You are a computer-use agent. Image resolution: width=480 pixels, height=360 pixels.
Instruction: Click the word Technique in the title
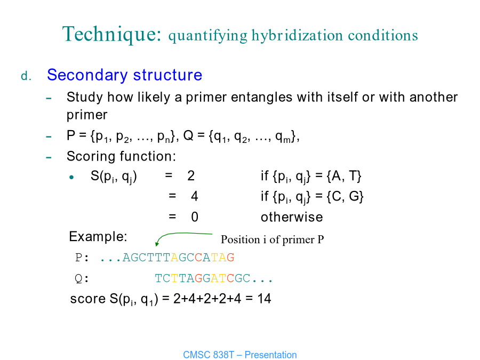[112, 34]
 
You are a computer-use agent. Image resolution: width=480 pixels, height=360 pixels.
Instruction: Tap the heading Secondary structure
[125, 75]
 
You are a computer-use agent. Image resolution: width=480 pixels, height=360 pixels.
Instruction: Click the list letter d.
[26, 76]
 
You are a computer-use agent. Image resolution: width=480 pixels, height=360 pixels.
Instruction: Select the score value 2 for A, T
[191, 176]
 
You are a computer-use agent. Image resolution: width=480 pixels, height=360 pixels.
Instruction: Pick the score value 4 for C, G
[194, 196]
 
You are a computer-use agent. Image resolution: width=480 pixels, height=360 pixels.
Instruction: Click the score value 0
[195, 217]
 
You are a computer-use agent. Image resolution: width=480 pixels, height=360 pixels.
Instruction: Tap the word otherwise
[292, 217]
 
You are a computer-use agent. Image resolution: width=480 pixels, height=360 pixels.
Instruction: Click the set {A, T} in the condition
[344, 177]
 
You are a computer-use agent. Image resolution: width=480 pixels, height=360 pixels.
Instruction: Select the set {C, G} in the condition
[345, 196]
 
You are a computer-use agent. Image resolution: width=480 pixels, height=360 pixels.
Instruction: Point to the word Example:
[98, 237]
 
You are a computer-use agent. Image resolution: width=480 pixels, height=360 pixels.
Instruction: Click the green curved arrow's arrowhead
[157, 244]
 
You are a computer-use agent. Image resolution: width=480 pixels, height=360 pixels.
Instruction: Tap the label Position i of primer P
[272, 239]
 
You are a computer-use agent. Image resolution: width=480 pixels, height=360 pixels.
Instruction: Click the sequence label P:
[82, 258]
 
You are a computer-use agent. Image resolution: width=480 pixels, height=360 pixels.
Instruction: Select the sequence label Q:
[82, 279]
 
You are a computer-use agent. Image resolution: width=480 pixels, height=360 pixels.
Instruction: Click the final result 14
[264, 299]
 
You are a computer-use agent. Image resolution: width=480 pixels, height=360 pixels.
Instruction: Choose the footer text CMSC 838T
[209, 355]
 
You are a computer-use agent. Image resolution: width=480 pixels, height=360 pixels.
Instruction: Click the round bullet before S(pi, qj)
[71, 177]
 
